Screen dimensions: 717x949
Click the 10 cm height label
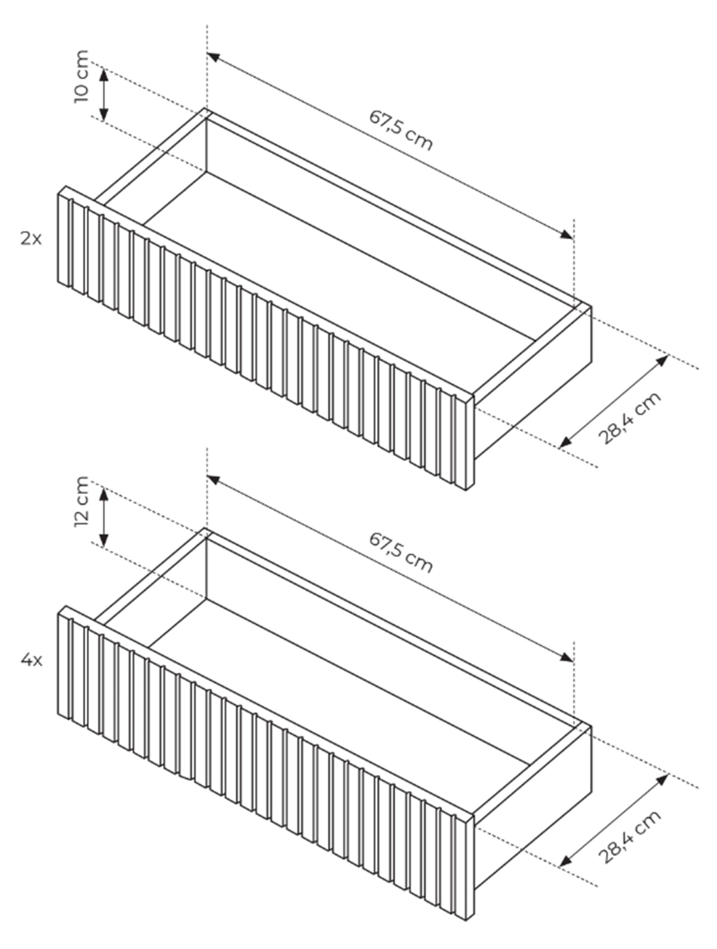(x=82, y=76)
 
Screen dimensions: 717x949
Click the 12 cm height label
(x=82, y=501)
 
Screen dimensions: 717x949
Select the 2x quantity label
(x=31, y=239)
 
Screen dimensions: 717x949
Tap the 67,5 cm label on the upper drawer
(x=401, y=130)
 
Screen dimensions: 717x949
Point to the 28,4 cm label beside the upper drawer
(x=629, y=418)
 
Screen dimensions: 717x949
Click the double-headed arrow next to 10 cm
(x=104, y=94)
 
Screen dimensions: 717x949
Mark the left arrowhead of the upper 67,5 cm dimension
(x=214, y=57)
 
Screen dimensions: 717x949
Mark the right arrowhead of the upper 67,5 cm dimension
(x=566, y=234)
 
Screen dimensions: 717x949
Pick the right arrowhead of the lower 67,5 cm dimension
(x=566, y=656)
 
